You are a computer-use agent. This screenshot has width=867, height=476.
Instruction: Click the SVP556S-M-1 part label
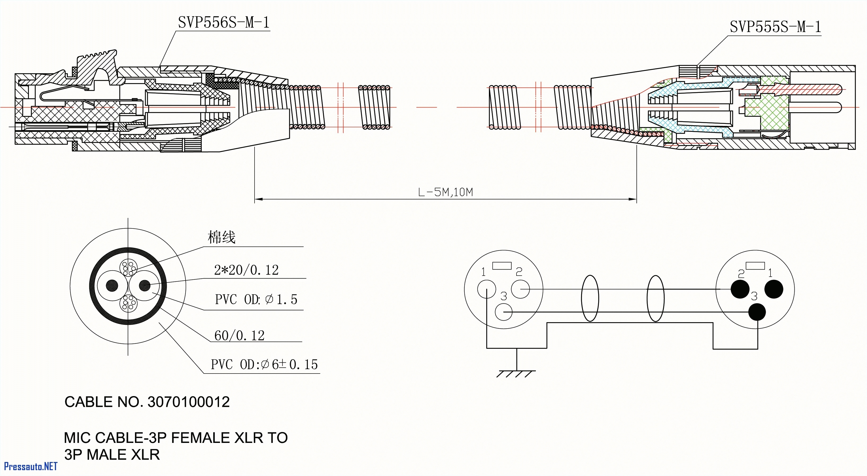point(224,23)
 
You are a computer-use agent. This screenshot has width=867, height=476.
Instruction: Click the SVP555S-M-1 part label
point(775,27)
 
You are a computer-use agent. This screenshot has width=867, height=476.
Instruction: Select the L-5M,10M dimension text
point(445,192)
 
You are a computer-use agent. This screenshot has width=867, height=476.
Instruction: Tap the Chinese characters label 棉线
point(221,237)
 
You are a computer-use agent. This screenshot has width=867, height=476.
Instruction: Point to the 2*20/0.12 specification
point(246,270)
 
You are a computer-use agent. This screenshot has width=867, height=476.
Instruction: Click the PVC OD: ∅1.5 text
point(256,299)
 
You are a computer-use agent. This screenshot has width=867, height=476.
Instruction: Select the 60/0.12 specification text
point(239,335)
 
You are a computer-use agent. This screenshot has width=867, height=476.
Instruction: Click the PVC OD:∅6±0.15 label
point(264,364)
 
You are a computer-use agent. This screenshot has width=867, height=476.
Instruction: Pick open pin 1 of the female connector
point(486,289)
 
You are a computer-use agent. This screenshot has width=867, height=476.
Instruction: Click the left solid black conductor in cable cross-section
point(112,286)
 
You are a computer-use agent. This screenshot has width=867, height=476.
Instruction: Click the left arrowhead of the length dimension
point(258,199)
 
